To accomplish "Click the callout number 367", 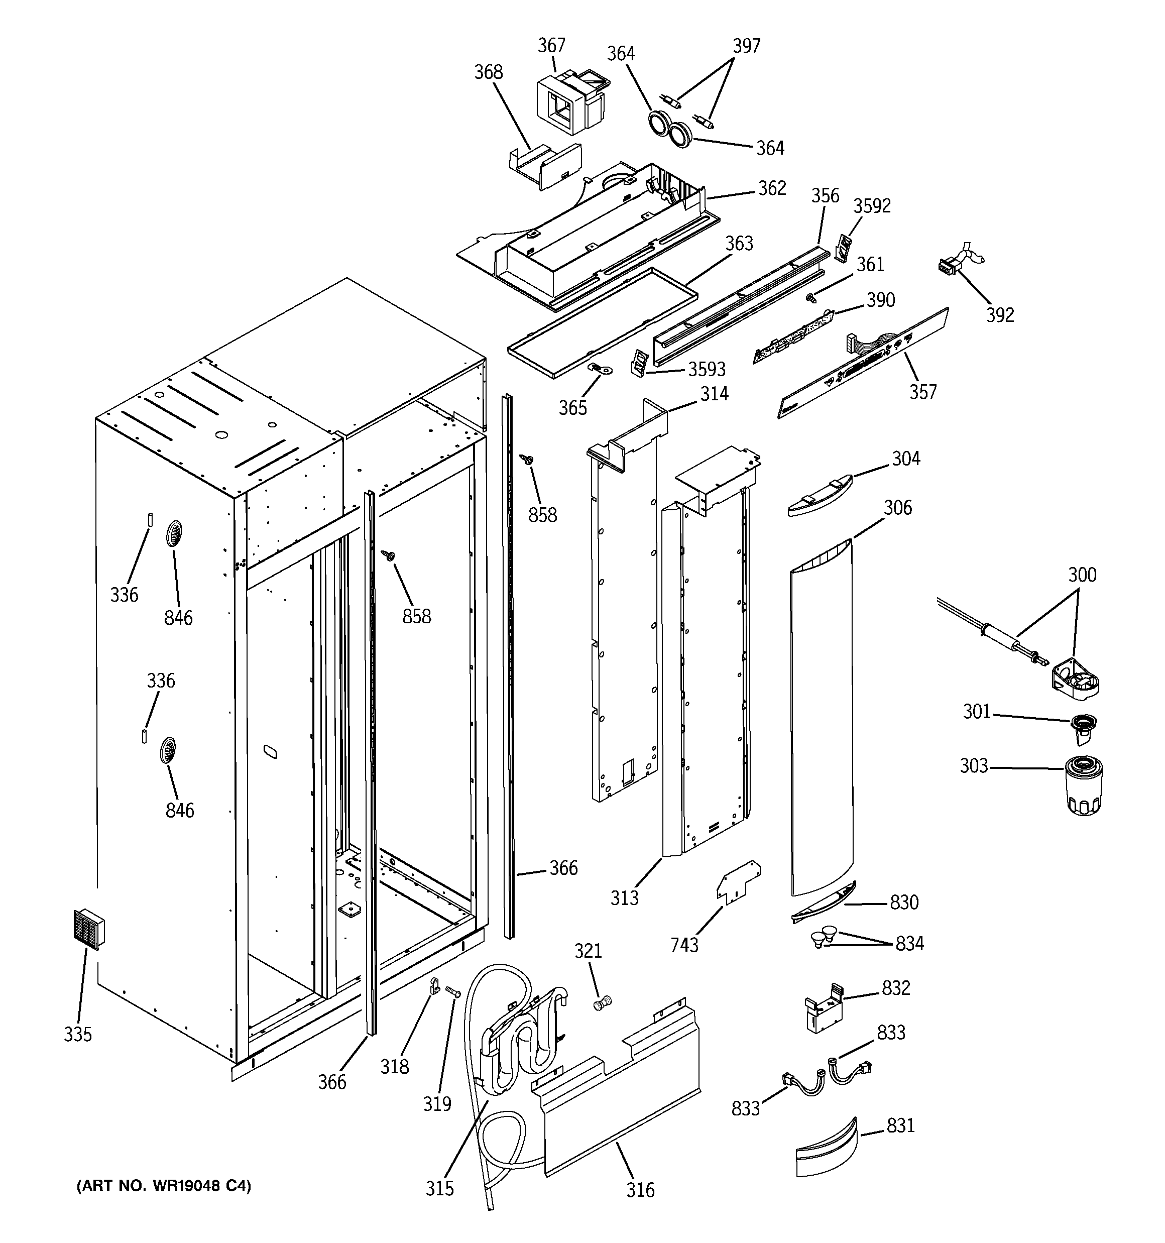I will (551, 46).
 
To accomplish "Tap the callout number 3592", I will (872, 206).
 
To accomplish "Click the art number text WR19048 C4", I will (163, 1186).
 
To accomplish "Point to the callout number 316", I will (640, 1189).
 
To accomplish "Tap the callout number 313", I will (624, 898).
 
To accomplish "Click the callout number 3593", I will (707, 370).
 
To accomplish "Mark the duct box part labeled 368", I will (543, 164).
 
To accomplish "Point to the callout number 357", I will (922, 392).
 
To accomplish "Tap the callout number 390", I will (880, 300).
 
